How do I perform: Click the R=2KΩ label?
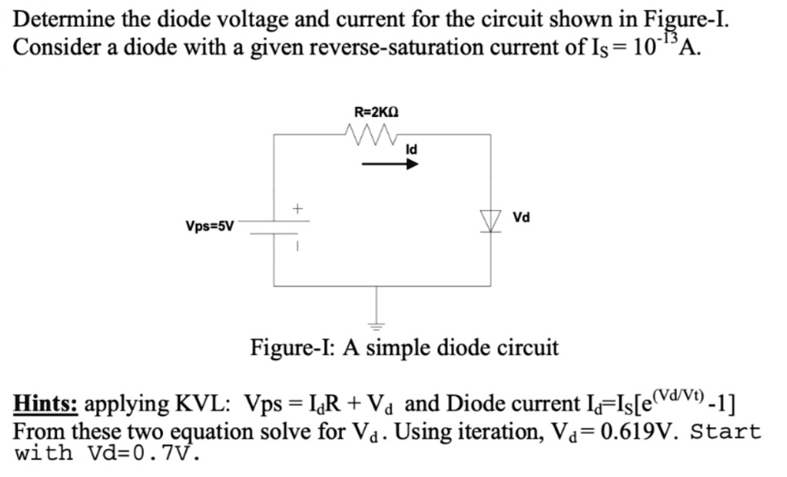pyautogui.click(x=376, y=112)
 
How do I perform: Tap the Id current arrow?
pyautogui.click(x=390, y=163)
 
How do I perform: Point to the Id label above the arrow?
pyautogui.click(x=411, y=148)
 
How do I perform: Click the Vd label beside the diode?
pyautogui.click(x=522, y=218)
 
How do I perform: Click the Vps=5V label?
pyautogui.click(x=209, y=226)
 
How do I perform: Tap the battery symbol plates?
pyautogui.click(x=274, y=226)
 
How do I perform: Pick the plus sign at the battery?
pyautogui.click(x=298, y=208)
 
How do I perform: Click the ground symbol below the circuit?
pyautogui.click(x=377, y=323)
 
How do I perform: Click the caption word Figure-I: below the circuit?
pyautogui.click(x=294, y=348)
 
